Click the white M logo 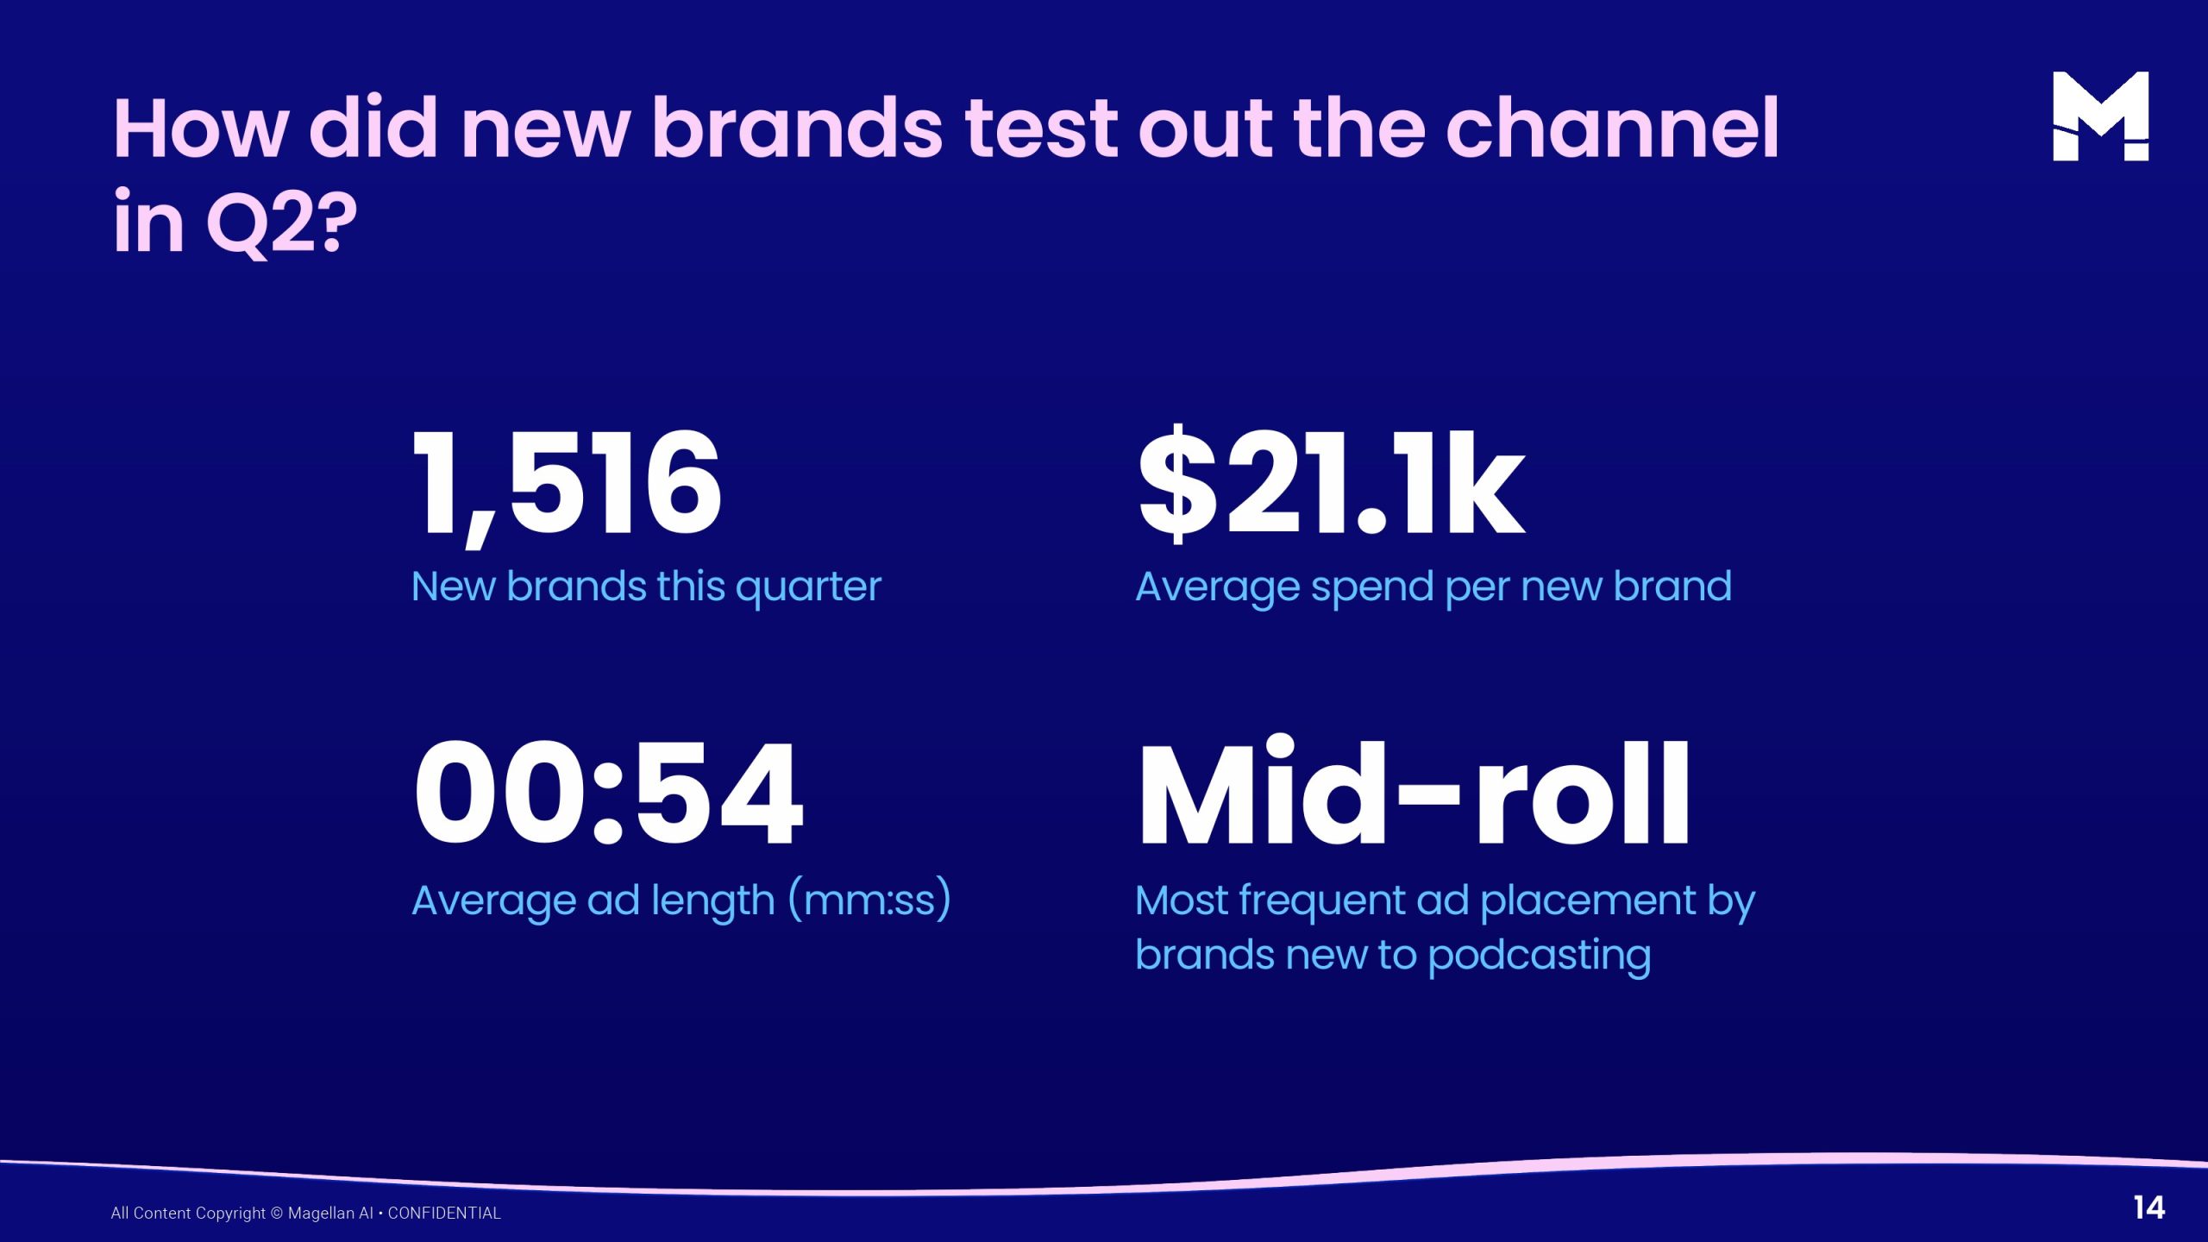point(2100,116)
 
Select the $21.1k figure point(1331,484)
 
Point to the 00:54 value point(608,794)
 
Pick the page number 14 point(2149,1207)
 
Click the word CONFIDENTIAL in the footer point(444,1213)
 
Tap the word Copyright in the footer point(231,1214)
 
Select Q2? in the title point(281,223)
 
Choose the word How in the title point(200,129)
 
